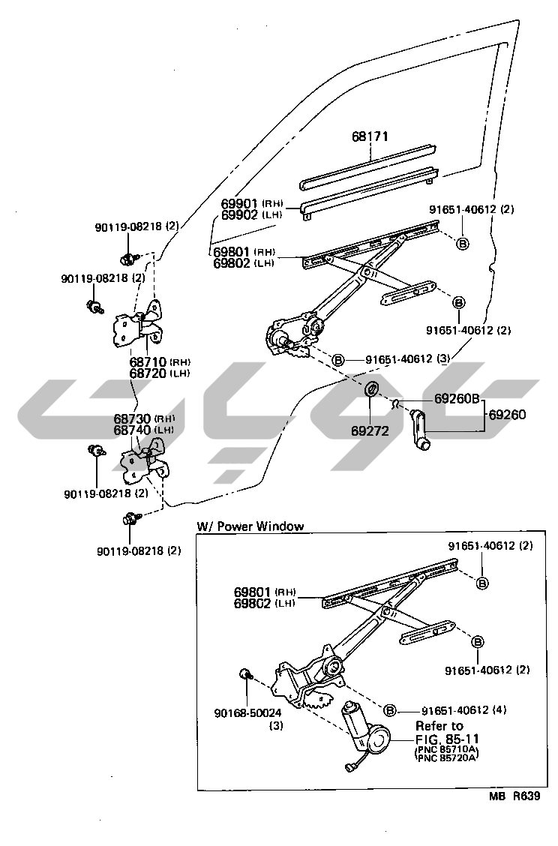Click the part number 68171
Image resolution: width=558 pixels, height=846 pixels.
(x=370, y=137)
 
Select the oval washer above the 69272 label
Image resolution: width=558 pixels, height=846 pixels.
(x=370, y=391)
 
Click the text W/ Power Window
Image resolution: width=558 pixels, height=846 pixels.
(x=250, y=526)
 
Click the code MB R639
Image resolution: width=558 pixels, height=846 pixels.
(x=514, y=797)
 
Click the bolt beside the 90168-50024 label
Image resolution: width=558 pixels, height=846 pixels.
(x=244, y=674)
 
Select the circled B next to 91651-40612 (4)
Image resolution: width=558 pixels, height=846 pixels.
(x=389, y=710)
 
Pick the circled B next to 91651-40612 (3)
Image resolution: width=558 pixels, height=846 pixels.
(x=338, y=360)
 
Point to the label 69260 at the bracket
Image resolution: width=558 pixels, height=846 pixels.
(x=508, y=414)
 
